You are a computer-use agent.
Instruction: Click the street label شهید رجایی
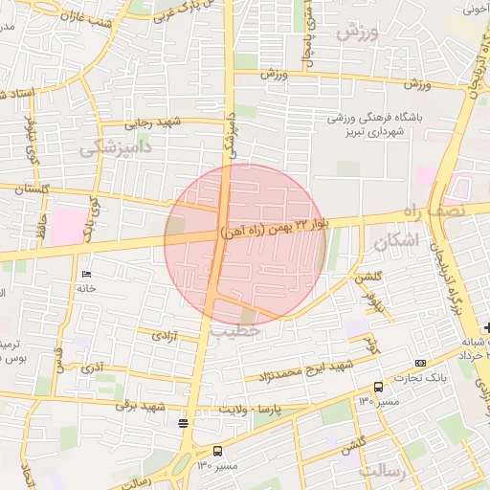click(156, 122)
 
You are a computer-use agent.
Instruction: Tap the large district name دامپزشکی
click(118, 147)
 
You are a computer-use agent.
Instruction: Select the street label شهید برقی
click(141, 405)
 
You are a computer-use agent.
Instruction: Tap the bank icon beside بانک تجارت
click(421, 363)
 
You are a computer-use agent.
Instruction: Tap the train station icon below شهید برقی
click(183, 422)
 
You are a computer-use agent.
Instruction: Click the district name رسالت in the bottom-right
click(382, 472)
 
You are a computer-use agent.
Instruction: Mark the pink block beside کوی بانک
click(68, 227)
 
